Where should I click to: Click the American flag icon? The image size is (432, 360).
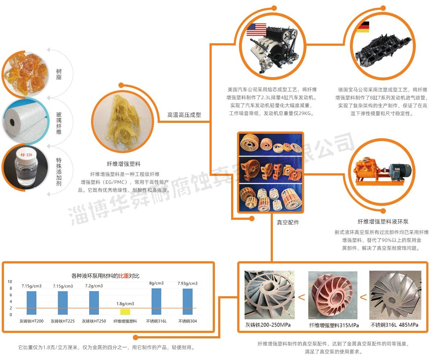tap(256, 29)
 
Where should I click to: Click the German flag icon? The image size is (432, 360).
tap(363, 27)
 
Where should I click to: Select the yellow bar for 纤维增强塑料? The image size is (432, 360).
tap(125, 312)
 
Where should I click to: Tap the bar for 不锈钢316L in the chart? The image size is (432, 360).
tap(156, 301)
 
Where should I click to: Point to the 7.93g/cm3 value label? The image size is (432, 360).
tap(188, 284)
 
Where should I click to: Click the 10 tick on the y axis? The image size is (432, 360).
tap(10, 281)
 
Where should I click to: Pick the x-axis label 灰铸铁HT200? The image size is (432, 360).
tap(32, 321)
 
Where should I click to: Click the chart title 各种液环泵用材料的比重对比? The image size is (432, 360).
tap(105, 276)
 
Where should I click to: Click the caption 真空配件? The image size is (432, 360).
tap(288, 222)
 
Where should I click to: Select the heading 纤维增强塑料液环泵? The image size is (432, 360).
tap(383, 222)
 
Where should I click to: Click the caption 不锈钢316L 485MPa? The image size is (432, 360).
tap(394, 325)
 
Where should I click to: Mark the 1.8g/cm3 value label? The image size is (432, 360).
tap(125, 304)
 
